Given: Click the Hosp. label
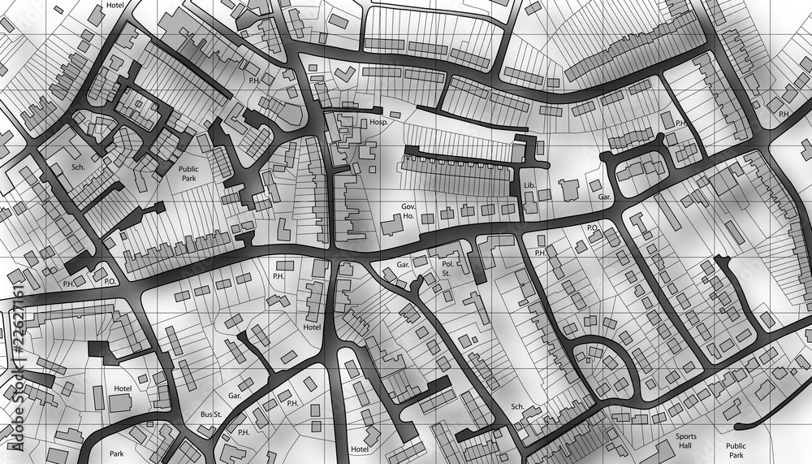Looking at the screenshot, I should pyautogui.click(x=378, y=122).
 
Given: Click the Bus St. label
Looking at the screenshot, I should pyautogui.click(x=211, y=414).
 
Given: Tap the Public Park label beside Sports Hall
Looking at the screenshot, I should pyautogui.click(x=736, y=450).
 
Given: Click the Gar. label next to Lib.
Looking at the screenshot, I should pyautogui.click(x=604, y=197).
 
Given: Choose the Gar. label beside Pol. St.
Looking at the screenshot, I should pyautogui.click(x=404, y=265).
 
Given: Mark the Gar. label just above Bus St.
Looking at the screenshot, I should pyautogui.click(x=235, y=396).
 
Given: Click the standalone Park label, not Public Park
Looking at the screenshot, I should pyautogui.click(x=117, y=453).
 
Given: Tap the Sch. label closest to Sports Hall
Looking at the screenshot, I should pyautogui.click(x=517, y=406).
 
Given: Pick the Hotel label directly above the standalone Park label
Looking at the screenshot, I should pyautogui.click(x=123, y=389).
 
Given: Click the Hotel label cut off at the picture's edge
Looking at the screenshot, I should pyautogui.click(x=114, y=5).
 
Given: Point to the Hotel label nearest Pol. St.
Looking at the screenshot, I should pyautogui.click(x=312, y=327).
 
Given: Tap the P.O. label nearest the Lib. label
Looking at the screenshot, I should pyautogui.click(x=593, y=228).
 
